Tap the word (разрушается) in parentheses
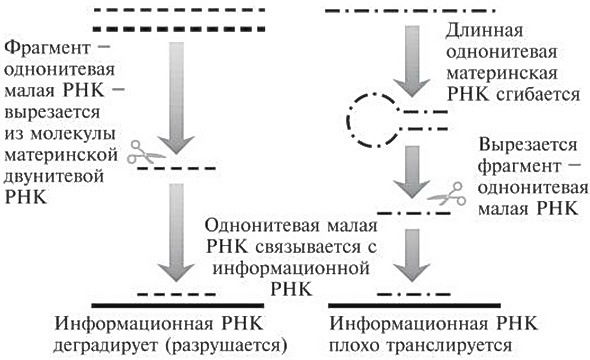pos(231,345)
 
